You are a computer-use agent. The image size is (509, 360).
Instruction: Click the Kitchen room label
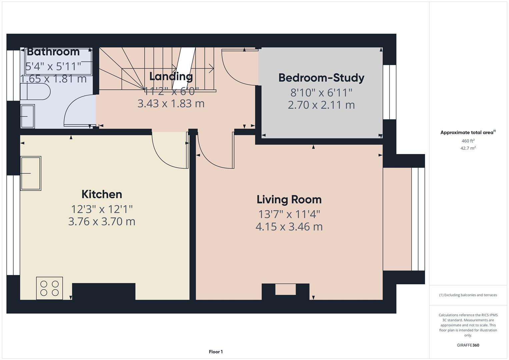tap(102, 194)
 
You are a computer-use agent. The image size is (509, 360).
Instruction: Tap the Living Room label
tap(289, 199)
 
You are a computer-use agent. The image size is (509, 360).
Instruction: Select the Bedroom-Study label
tap(321, 78)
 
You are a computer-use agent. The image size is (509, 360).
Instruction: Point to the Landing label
tap(171, 76)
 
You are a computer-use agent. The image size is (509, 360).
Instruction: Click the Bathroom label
tap(53, 52)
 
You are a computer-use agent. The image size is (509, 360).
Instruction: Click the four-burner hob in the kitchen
tap(49, 288)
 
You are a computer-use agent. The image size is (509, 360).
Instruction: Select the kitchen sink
tap(31, 173)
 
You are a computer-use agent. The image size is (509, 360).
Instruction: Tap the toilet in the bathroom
tap(35, 92)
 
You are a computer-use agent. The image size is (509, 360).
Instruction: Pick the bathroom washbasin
tap(27, 116)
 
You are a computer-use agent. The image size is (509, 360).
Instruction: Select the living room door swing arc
tap(213, 153)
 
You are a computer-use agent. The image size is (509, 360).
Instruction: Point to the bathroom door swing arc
tap(76, 110)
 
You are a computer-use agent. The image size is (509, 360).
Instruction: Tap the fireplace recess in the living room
tap(285, 289)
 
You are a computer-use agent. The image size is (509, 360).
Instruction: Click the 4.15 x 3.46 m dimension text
tap(289, 227)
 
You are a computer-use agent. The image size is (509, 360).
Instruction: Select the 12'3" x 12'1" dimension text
tap(102, 209)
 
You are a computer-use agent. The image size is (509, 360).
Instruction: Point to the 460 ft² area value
tap(468, 141)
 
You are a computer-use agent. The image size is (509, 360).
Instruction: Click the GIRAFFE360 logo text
tap(468, 345)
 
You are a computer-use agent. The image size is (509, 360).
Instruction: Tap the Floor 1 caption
tap(216, 352)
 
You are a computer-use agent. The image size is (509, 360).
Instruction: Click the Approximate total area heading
tap(467, 132)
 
